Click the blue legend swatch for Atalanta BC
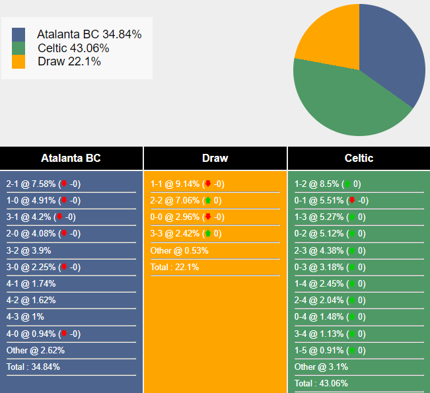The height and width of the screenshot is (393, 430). point(18,34)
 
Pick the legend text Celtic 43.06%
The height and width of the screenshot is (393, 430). point(73,48)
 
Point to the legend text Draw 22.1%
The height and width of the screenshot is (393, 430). point(69,61)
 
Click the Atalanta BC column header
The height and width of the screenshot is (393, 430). point(71,159)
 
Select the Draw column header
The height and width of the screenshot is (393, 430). point(215,159)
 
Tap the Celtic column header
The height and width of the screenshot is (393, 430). point(359,159)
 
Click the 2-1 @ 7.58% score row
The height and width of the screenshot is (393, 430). point(44,184)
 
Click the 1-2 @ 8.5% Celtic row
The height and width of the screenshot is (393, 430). point(328,184)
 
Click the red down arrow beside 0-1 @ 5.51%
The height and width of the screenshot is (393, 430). point(351,201)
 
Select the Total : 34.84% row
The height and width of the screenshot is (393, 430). point(34,367)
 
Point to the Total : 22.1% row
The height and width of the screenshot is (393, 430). point(174,268)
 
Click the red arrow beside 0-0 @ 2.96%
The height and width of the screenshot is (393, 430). point(207,217)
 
